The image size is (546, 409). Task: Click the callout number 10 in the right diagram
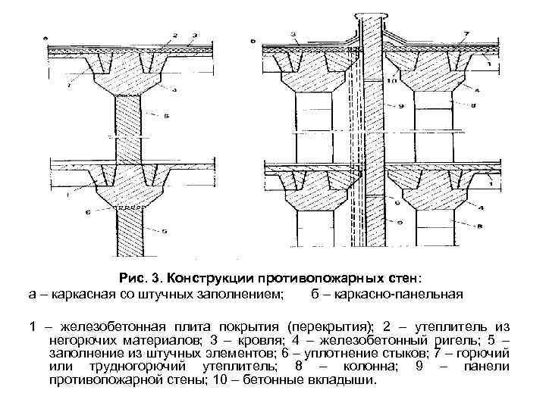click(x=393, y=81)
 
